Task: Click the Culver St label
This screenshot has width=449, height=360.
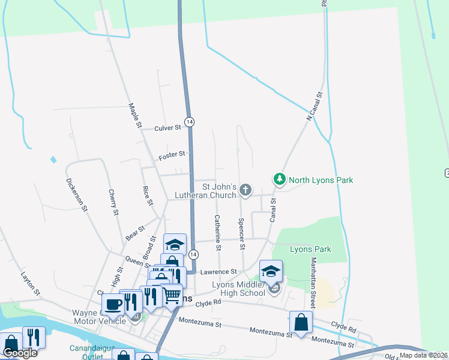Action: coord(167,128)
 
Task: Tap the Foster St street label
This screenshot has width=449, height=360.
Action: coord(172,156)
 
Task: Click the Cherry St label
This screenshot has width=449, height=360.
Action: coord(112,202)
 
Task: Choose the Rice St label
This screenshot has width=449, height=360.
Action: coord(146,196)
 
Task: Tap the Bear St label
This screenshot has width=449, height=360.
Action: coord(136,233)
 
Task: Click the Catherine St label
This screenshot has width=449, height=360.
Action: coord(217,233)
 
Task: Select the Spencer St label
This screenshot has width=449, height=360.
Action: coord(241,233)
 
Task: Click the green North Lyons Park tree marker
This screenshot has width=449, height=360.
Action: coord(279,179)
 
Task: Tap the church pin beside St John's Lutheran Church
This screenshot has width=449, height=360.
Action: coord(245,190)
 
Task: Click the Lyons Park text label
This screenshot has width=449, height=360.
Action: coord(310,249)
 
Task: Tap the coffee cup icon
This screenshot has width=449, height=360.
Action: coord(113,304)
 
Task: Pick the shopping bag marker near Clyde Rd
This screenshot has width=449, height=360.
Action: coord(301,322)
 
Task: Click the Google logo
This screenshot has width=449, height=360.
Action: coord(19,353)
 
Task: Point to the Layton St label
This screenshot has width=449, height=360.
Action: coord(30,284)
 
